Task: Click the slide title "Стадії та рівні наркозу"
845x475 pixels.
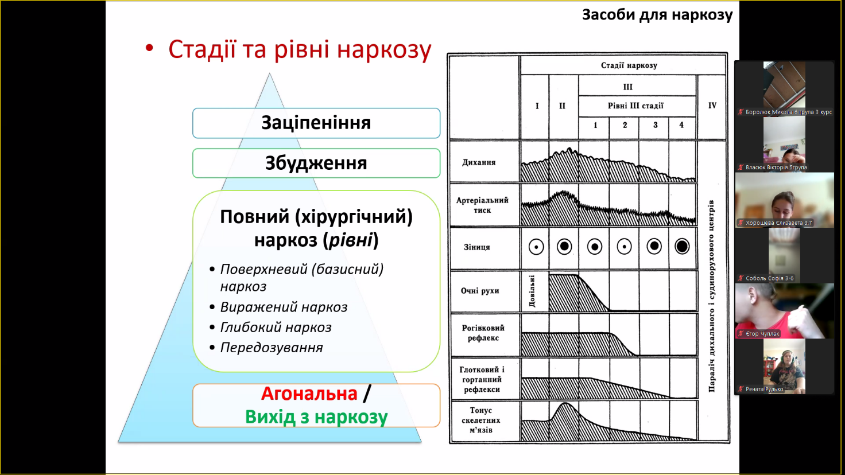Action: click(x=299, y=50)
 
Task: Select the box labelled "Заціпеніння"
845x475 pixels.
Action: click(x=316, y=123)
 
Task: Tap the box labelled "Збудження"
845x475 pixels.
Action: click(x=316, y=163)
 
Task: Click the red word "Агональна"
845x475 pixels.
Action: click(x=309, y=394)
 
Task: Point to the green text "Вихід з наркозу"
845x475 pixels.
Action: click(x=316, y=417)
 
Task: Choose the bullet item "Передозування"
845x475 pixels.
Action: click(x=272, y=348)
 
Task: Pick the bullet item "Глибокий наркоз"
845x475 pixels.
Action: click(x=276, y=328)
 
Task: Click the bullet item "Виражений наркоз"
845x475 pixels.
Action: click(x=284, y=307)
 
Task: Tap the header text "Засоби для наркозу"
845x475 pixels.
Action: click(x=657, y=15)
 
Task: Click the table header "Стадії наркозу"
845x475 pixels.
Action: click(x=629, y=65)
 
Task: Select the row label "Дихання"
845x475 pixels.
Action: click(x=479, y=162)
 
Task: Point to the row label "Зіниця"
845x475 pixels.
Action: click(x=477, y=247)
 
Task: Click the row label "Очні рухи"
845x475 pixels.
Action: click(x=480, y=291)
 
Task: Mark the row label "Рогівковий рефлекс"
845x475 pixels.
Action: click(x=483, y=333)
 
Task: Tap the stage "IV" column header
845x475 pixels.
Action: click(x=712, y=106)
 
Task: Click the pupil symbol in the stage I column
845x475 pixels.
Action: click(x=536, y=247)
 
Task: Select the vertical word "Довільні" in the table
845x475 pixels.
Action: click(x=532, y=291)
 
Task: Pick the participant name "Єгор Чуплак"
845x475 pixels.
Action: click(x=762, y=333)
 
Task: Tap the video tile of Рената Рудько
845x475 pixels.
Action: click(x=784, y=365)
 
